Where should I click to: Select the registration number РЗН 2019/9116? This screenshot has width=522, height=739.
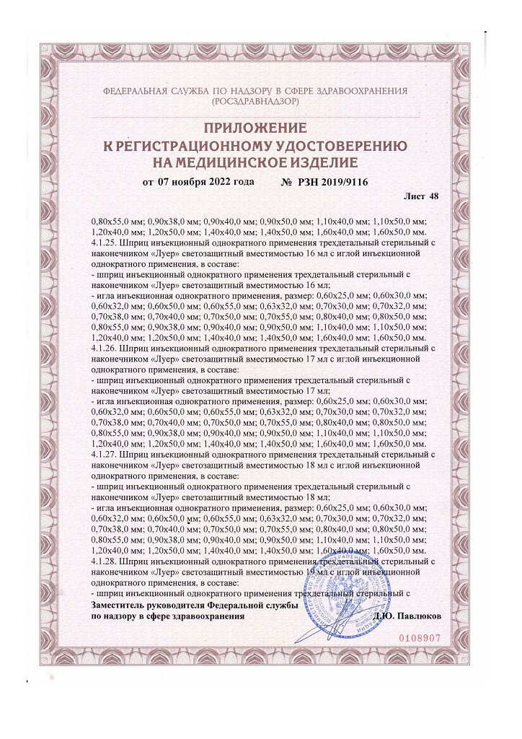[334, 182]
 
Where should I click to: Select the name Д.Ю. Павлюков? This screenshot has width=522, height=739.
[407, 617]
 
